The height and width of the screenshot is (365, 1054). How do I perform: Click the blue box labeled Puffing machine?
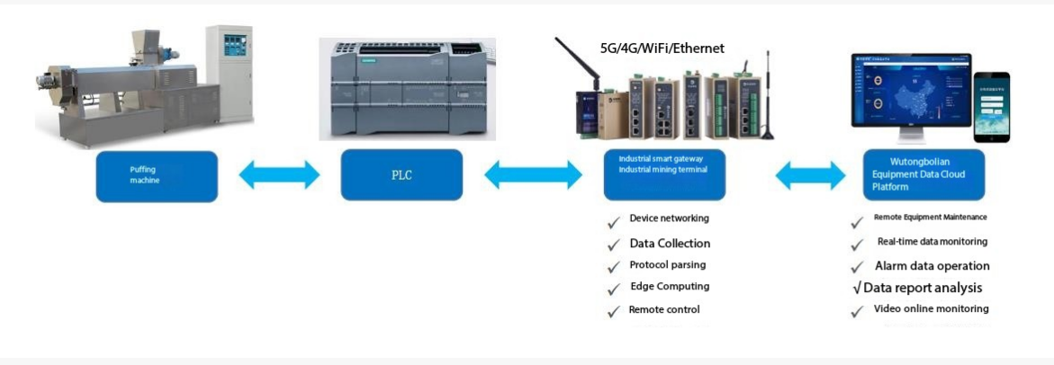tap(157, 175)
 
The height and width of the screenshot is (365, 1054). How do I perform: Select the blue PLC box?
tap(401, 174)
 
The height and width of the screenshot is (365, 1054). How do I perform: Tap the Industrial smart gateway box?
tap(663, 174)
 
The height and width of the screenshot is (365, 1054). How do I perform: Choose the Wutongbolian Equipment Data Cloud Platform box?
tap(923, 174)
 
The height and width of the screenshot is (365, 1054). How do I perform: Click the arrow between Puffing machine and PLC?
tap(279, 174)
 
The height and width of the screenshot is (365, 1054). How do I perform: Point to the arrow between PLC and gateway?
tap(533, 174)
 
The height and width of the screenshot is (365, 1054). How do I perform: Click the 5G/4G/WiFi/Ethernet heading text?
tap(662, 48)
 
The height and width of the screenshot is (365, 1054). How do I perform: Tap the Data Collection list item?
tap(670, 244)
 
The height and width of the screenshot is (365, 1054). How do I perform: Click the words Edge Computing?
tap(670, 287)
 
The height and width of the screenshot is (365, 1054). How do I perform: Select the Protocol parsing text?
tap(667, 265)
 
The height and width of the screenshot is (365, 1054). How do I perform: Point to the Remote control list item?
tap(664, 309)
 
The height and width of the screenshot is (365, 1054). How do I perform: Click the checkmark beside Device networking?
tap(614, 221)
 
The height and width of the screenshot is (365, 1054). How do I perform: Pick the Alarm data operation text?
tap(932, 266)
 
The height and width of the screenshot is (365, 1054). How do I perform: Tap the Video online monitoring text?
tap(931, 309)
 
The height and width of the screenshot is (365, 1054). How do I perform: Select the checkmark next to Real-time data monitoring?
tap(858, 245)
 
